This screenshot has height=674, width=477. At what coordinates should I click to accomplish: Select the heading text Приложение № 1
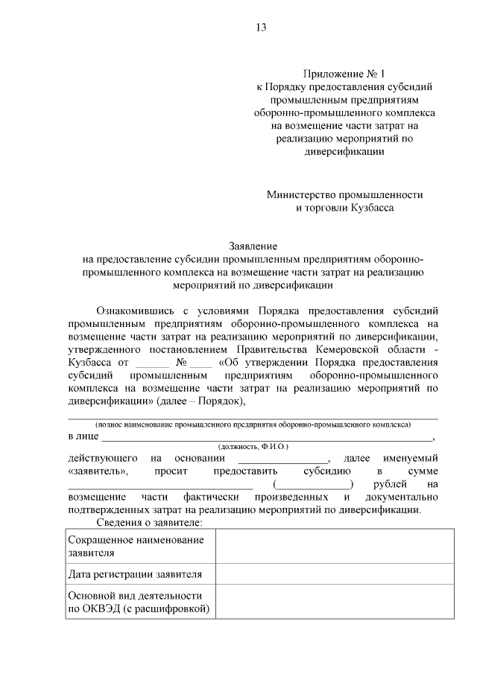point(344,74)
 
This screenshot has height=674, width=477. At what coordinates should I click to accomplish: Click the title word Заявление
point(253,245)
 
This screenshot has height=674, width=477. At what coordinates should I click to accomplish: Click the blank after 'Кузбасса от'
point(153,363)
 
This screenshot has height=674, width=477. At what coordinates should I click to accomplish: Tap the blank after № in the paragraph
point(200,363)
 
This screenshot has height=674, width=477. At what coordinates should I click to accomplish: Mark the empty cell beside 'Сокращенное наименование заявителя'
point(333,546)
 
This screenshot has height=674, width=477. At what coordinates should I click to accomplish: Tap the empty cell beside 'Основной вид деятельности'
point(333,603)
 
